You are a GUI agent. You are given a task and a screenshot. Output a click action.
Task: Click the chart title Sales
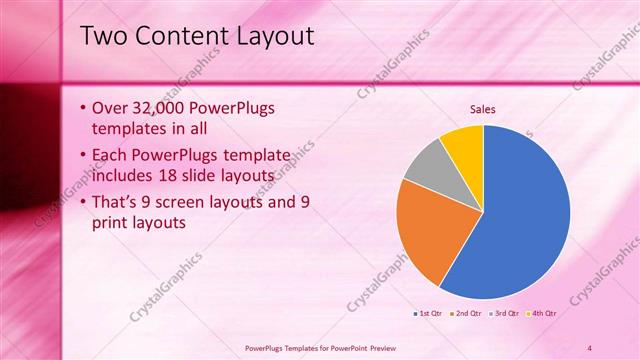[x=482, y=110]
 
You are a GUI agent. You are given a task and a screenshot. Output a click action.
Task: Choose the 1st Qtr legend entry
[x=430, y=313]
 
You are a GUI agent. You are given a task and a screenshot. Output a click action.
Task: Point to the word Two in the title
[x=103, y=37]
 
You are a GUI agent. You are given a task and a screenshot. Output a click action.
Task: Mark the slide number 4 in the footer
[x=589, y=347]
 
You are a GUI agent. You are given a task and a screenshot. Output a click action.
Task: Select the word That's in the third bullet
[x=117, y=203]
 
